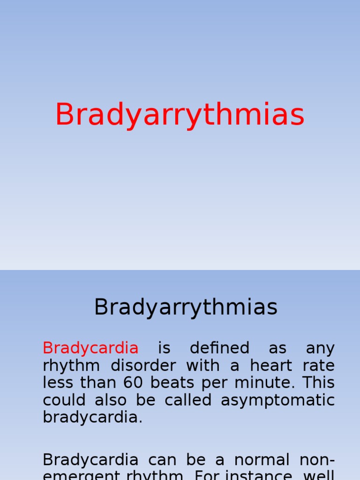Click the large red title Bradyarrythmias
click(180, 115)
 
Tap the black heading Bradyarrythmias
click(186, 307)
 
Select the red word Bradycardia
click(90, 348)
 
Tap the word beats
click(173, 383)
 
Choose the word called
click(186, 400)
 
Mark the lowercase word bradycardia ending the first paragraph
click(92, 417)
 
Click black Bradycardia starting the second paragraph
click(90, 459)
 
